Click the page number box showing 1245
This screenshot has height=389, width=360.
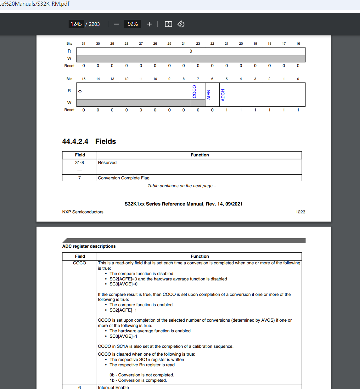[76, 24]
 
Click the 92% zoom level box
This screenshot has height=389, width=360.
[132, 24]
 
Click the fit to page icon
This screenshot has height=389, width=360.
[168, 24]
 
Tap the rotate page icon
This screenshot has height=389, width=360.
[181, 24]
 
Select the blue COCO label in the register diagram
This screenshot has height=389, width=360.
[194, 92]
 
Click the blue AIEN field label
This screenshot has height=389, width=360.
[209, 95]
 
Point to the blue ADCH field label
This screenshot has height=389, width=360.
[223, 95]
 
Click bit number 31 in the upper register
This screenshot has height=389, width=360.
[83, 44]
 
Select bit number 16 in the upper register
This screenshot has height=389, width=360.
[298, 44]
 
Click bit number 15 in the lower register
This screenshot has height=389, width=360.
[84, 79]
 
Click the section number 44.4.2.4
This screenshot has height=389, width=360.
[75, 142]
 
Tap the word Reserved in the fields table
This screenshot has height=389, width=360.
[107, 163]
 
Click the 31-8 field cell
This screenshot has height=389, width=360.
[80, 163]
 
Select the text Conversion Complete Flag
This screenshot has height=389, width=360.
[124, 178]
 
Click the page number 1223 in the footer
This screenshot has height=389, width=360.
[300, 212]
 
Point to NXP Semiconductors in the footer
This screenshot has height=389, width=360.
[83, 212]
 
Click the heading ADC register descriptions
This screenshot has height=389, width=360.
[89, 246]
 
